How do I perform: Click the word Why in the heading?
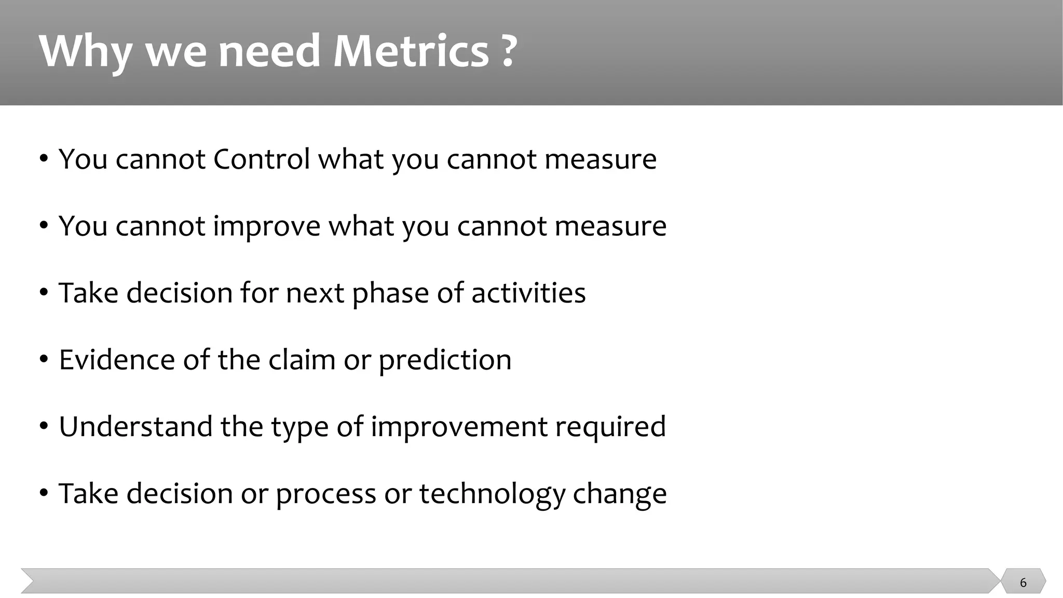click(x=85, y=52)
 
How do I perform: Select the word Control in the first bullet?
click(x=262, y=159)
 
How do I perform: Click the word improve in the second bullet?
click(x=267, y=227)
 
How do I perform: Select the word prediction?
click(x=445, y=360)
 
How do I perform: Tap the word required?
click(x=610, y=427)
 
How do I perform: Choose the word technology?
click(x=492, y=494)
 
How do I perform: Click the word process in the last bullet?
click(x=325, y=495)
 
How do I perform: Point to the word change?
click(x=619, y=494)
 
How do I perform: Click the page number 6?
click(x=1023, y=582)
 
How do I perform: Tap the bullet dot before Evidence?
click(x=44, y=359)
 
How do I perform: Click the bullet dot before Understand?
click(x=44, y=426)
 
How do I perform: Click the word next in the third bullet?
click(x=315, y=293)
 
